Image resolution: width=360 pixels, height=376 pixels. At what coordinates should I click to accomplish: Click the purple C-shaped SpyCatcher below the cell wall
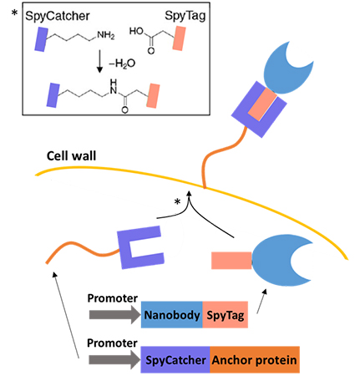click(x=136, y=248)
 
